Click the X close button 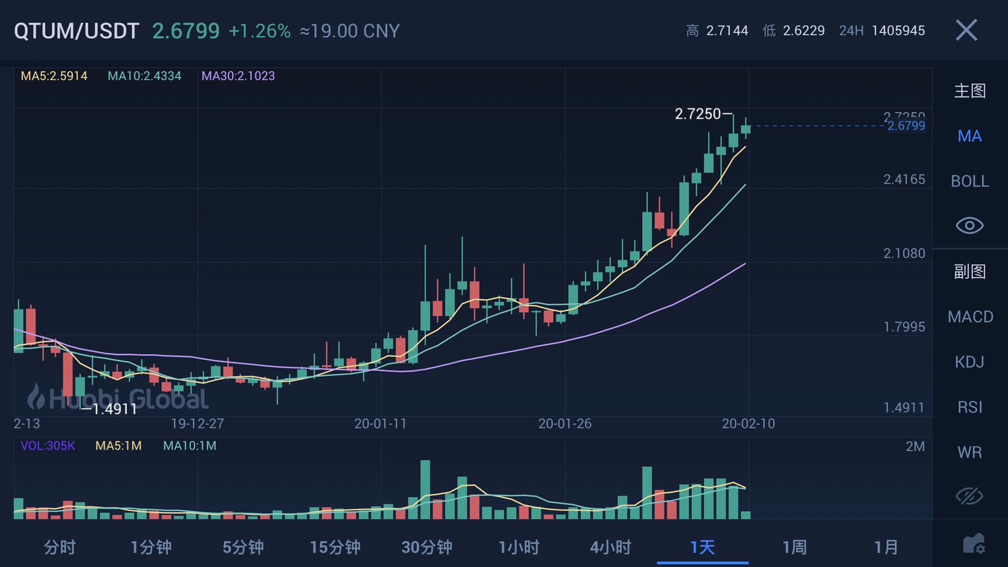tap(967, 30)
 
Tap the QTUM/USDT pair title tap(77, 31)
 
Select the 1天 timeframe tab tap(702, 548)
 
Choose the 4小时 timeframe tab tap(611, 548)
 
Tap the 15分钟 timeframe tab tap(335, 548)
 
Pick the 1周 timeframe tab tap(794, 548)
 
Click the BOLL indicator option tap(970, 181)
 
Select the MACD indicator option tap(970, 317)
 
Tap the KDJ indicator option tap(969, 362)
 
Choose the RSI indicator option tap(969, 407)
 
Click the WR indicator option tap(969, 452)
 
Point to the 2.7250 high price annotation tap(698, 114)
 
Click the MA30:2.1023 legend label tap(238, 76)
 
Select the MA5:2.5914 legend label tap(54, 76)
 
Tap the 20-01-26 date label tap(565, 424)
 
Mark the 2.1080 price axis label tap(904, 254)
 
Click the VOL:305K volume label tap(48, 446)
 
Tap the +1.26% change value tap(259, 31)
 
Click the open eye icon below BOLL tap(969, 226)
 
